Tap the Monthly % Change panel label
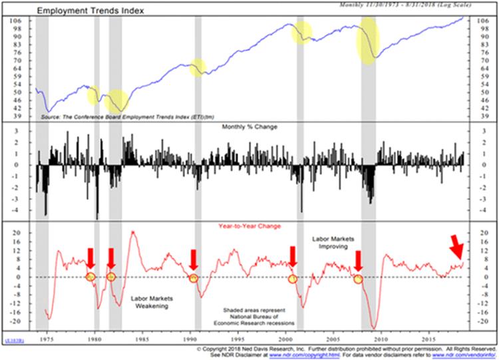(x=250, y=126)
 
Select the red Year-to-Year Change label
(x=250, y=226)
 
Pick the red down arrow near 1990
(x=194, y=259)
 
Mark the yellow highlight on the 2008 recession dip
(x=368, y=41)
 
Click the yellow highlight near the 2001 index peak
(x=302, y=31)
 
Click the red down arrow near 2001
(x=292, y=257)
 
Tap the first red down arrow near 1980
(x=90, y=258)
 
